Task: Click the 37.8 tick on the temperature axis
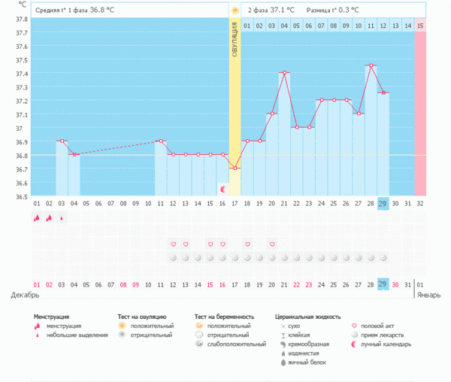click(x=21, y=33)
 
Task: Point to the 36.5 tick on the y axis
click(x=21, y=196)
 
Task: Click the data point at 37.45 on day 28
click(x=371, y=65)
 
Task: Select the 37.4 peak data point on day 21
click(x=284, y=72)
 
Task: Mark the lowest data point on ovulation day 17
click(x=235, y=168)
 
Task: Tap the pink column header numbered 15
click(x=420, y=26)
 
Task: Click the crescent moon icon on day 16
click(x=222, y=189)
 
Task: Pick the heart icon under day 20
click(x=272, y=244)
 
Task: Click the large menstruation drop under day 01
click(x=36, y=218)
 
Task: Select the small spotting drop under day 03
click(x=62, y=218)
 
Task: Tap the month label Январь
click(x=428, y=296)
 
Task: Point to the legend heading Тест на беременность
click(x=224, y=317)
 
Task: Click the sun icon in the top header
click(x=235, y=11)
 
